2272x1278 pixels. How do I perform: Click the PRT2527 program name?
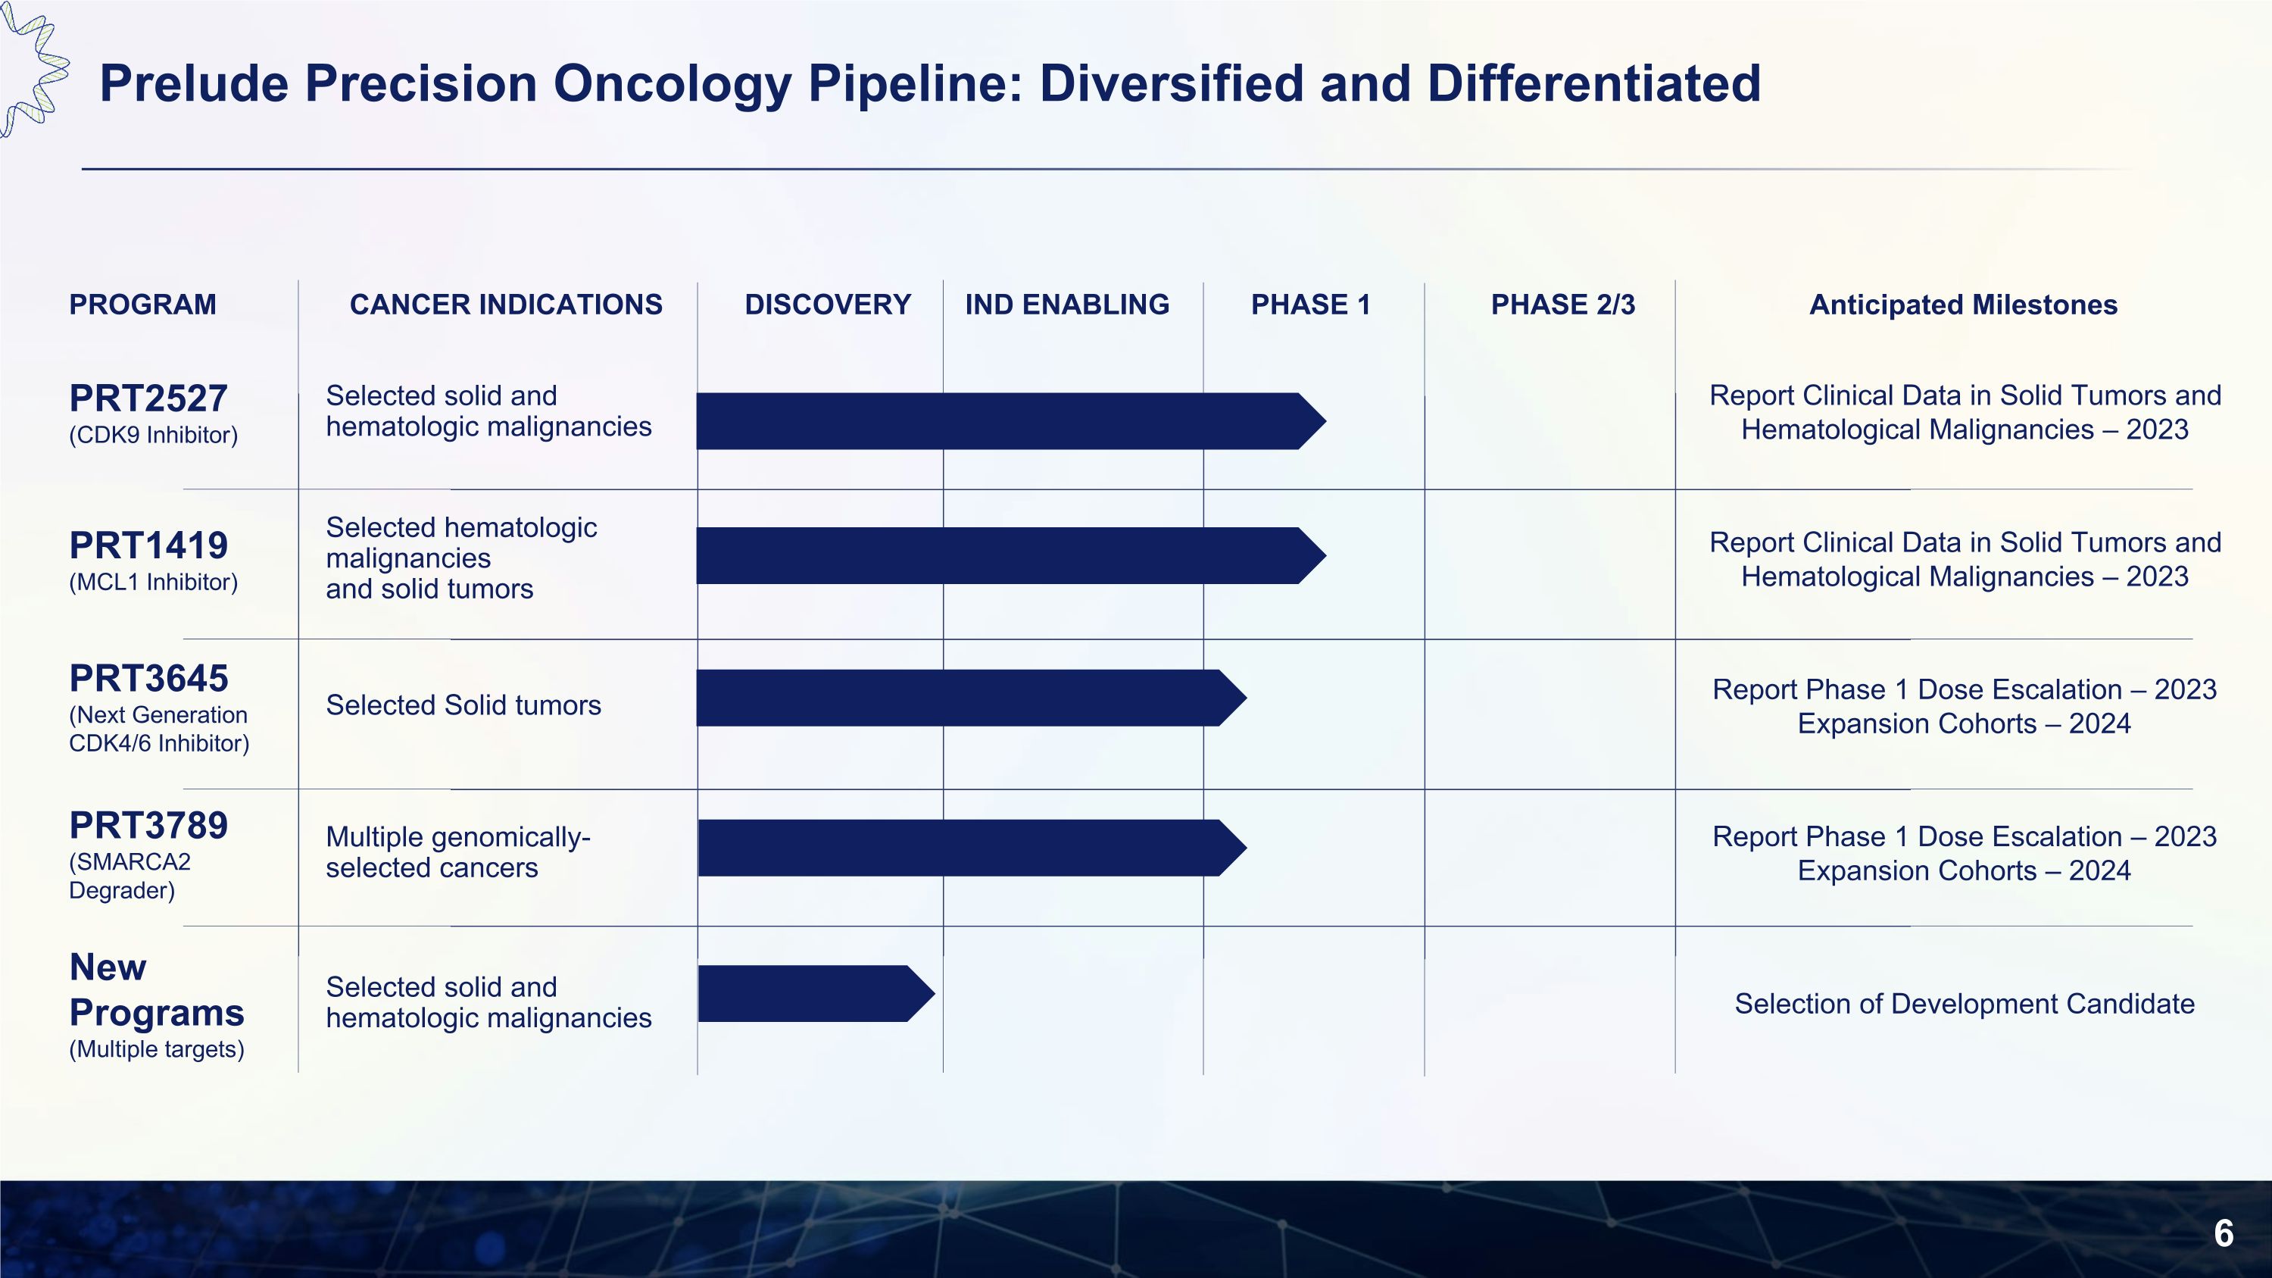point(148,398)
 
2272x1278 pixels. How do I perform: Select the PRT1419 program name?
point(148,546)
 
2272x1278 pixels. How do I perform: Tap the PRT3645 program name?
point(148,679)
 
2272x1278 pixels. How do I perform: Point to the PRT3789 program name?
point(148,826)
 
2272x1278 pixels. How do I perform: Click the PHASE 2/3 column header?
point(1562,305)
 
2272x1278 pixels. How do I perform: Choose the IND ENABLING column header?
point(1066,305)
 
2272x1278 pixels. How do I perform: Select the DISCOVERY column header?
point(827,305)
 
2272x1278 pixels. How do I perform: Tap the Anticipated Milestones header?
point(1962,305)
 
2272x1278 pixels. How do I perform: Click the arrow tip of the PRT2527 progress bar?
point(1314,422)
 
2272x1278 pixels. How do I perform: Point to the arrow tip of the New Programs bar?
point(922,994)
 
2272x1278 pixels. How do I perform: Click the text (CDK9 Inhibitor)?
point(154,436)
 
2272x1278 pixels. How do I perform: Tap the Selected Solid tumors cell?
point(463,705)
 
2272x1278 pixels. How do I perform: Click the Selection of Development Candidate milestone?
point(1963,1005)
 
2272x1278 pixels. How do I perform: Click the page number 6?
point(2224,1233)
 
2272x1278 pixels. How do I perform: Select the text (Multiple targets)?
point(156,1049)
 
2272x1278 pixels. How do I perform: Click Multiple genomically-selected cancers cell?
point(457,853)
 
